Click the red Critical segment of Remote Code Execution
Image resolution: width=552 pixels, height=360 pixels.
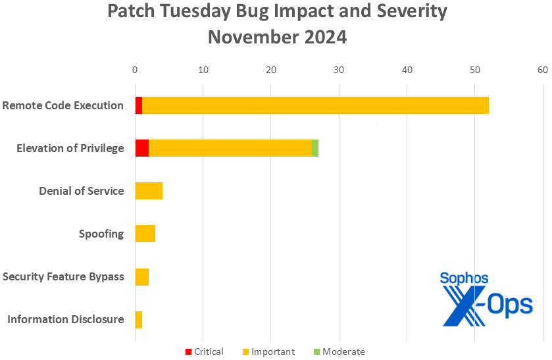pyautogui.click(x=139, y=105)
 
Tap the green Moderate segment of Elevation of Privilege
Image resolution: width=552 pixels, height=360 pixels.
pyautogui.click(x=315, y=148)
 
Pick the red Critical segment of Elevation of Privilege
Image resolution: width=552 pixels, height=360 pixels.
pyautogui.click(x=142, y=148)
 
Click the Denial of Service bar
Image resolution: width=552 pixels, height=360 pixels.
pyautogui.click(x=149, y=191)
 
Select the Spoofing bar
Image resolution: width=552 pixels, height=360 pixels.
pyautogui.click(x=145, y=234)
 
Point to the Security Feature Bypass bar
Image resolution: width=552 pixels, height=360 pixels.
pyautogui.click(x=142, y=276)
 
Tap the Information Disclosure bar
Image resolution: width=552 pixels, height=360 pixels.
pyautogui.click(x=139, y=319)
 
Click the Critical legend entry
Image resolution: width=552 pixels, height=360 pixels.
pyautogui.click(x=205, y=351)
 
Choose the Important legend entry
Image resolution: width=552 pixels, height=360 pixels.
pyautogui.click(x=269, y=351)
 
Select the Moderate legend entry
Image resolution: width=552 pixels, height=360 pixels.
pyautogui.click(x=338, y=351)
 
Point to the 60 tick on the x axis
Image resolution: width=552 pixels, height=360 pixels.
pyautogui.click(x=542, y=69)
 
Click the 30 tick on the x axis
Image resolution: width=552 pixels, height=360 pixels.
pyautogui.click(x=339, y=69)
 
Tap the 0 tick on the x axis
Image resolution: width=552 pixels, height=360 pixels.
pyautogui.click(x=135, y=69)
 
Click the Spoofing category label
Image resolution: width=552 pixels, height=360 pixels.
pyautogui.click(x=101, y=234)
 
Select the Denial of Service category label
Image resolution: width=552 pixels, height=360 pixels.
pyautogui.click(x=82, y=191)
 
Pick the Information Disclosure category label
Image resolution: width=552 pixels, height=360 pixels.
pyautogui.click(x=66, y=319)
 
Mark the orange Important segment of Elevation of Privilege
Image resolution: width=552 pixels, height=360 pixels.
pyautogui.click(x=230, y=148)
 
